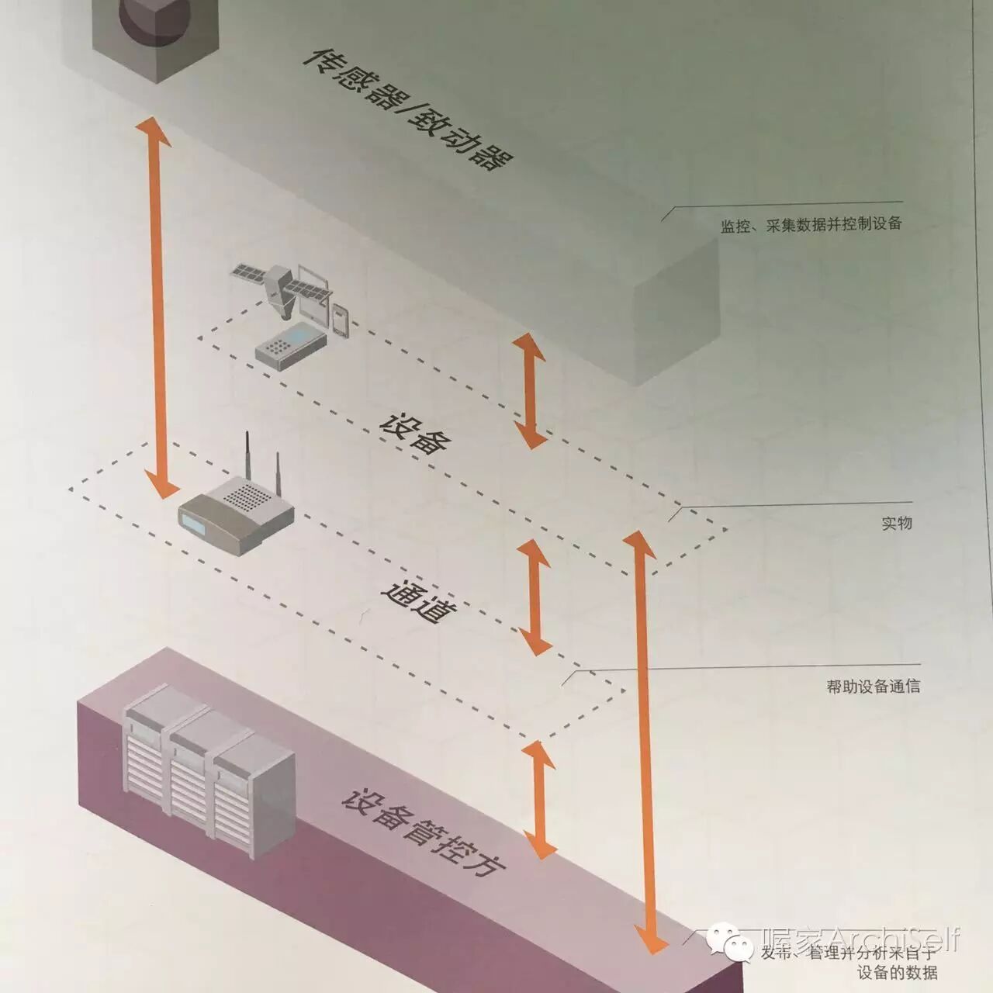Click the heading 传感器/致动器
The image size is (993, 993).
[407, 109]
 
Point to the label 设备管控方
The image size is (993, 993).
[423, 832]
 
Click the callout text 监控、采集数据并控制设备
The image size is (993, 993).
[811, 224]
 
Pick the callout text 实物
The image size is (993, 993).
[896, 523]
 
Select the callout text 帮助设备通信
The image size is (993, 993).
[873, 686]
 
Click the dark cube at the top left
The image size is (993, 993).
[155, 35]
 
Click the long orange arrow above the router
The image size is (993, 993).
[158, 306]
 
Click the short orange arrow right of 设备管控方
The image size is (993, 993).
[539, 799]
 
